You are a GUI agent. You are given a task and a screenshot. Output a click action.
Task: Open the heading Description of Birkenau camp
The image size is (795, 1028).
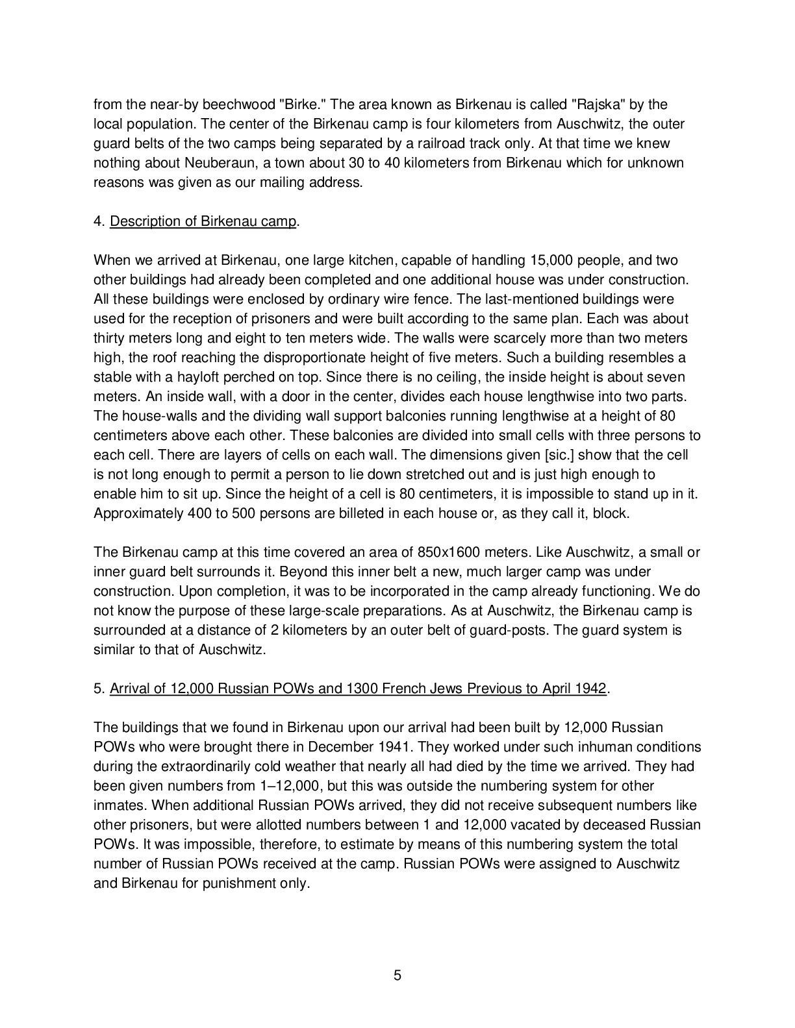(x=203, y=221)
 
